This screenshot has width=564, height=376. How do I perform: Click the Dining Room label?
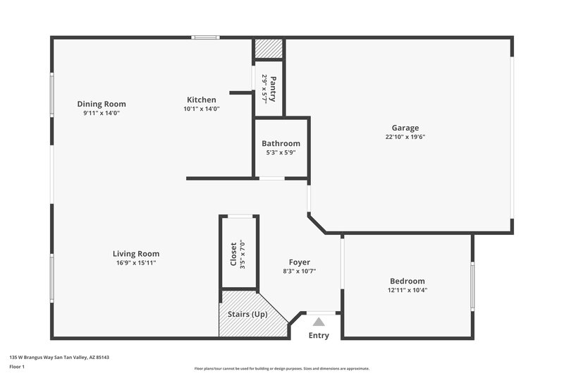coord(102,104)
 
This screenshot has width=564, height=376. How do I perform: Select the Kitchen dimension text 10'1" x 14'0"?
coord(202,109)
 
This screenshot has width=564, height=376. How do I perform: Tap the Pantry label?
coord(273,89)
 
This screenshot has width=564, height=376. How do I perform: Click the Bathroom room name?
coord(281,143)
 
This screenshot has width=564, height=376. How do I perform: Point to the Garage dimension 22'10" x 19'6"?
coord(405,138)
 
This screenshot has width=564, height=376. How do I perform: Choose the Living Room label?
coord(136,254)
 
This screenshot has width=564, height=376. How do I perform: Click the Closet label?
coord(234,254)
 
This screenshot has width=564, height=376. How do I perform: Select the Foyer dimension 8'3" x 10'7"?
coord(300,271)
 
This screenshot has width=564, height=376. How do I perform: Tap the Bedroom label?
coord(407,281)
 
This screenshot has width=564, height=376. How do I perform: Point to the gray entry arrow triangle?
coord(319,322)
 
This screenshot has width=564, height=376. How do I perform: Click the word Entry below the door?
coord(319,336)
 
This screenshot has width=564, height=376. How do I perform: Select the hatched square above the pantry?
coord(268,49)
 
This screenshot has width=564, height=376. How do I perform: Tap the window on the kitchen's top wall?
coord(206,37)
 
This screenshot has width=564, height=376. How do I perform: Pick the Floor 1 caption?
coord(18,367)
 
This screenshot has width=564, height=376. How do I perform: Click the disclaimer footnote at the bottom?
coord(281,368)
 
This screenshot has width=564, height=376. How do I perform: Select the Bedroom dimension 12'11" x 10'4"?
coord(407,290)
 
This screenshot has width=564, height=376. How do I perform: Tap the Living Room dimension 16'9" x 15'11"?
coord(136,263)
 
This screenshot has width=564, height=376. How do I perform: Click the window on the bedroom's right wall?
coord(472,285)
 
